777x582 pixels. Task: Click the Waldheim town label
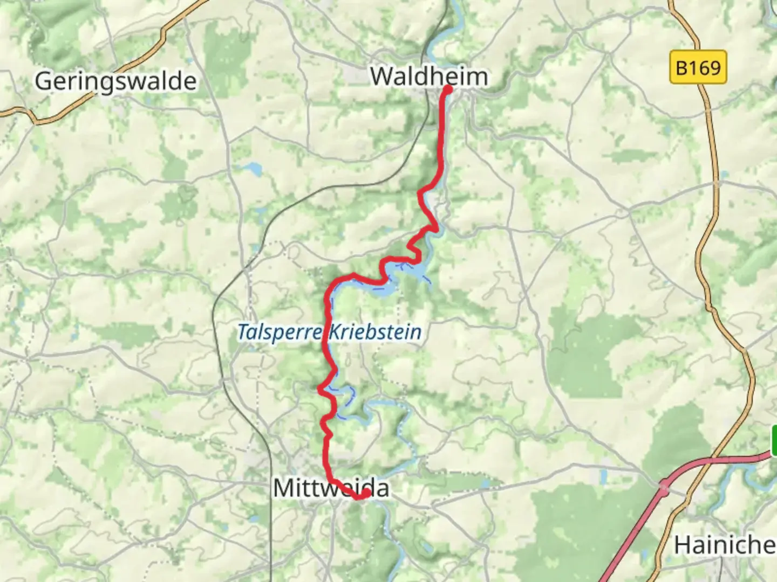[429, 76]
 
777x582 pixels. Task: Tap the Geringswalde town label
[115, 81]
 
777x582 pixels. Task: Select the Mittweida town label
[331, 488]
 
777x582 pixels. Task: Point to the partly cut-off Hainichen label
[725, 545]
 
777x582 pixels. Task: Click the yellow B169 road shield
[698, 67]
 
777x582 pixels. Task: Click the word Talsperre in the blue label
[280, 332]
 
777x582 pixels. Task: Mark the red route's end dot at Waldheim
[448, 89]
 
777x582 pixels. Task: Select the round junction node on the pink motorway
[663, 488]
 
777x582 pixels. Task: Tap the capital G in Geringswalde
[44, 81]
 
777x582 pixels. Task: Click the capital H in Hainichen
[682, 545]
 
